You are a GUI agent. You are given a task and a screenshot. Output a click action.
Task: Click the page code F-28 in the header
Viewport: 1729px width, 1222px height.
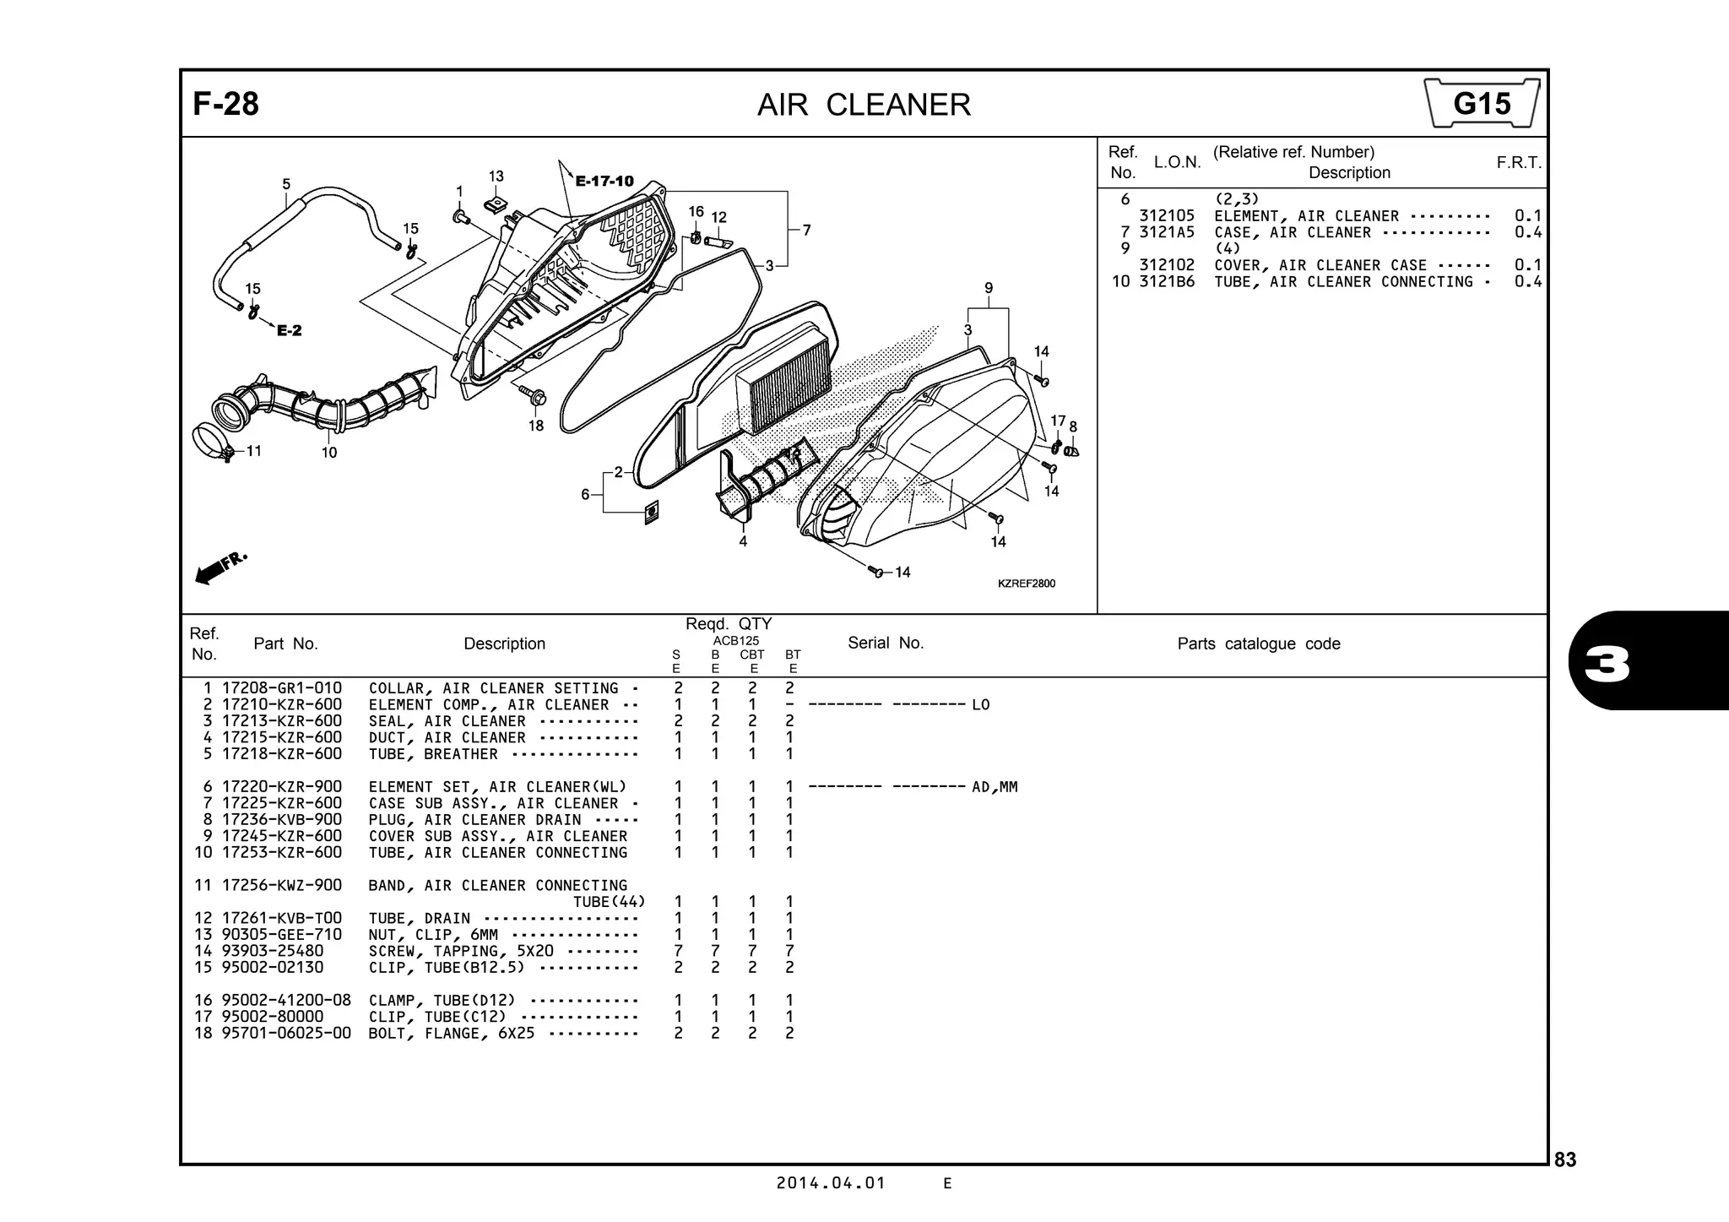pyautogui.click(x=225, y=105)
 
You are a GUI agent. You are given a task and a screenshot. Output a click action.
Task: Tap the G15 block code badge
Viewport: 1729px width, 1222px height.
pyautogui.click(x=1482, y=104)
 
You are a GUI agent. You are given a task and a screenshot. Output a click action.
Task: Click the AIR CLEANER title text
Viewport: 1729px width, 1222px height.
pyautogui.click(x=864, y=106)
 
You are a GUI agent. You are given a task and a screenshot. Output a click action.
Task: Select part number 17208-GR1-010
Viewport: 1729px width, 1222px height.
pyautogui.click(x=282, y=688)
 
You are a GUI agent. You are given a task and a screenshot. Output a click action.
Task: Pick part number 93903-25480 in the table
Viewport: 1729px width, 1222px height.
pyautogui.click(x=272, y=951)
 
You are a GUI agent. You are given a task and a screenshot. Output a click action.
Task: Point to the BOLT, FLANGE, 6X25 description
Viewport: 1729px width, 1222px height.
pyautogui.click(x=451, y=1034)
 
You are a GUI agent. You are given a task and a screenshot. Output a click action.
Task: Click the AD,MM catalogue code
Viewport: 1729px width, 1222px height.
pyautogui.click(x=995, y=787)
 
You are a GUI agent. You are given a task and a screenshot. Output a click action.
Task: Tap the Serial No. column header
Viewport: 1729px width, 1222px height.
pyautogui.click(x=885, y=644)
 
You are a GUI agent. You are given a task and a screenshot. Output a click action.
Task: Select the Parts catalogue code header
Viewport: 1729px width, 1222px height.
pyautogui.click(x=1258, y=644)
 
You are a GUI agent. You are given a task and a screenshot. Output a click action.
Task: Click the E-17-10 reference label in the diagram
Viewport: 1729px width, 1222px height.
pyautogui.click(x=604, y=181)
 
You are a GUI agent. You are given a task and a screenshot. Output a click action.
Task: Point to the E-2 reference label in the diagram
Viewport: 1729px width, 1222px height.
pyautogui.click(x=289, y=330)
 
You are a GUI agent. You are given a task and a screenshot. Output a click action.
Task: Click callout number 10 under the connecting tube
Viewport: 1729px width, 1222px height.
pyautogui.click(x=329, y=453)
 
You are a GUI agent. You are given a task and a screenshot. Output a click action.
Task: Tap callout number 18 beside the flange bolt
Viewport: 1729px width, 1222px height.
pyautogui.click(x=536, y=426)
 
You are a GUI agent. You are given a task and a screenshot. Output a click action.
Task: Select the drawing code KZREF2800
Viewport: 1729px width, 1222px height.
pyautogui.click(x=1026, y=584)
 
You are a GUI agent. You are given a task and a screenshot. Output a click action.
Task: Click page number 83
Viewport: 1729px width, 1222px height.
pyautogui.click(x=1564, y=1160)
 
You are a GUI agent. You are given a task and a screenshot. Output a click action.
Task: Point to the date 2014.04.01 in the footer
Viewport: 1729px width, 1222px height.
pyautogui.click(x=831, y=1183)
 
